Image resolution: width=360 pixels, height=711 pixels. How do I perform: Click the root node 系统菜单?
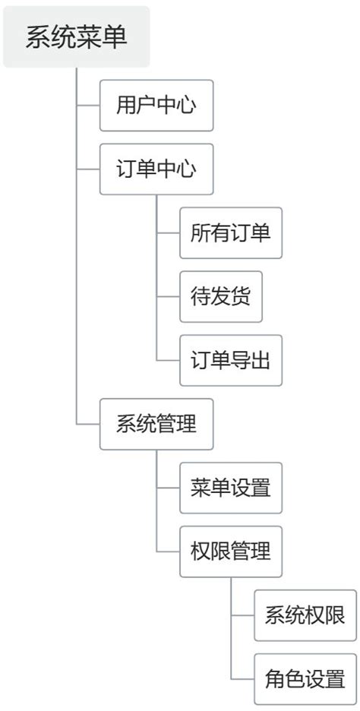click(x=76, y=37)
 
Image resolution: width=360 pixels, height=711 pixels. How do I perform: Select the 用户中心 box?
click(x=156, y=106)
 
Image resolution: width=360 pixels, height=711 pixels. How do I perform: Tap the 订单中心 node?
click(x=156, y=169)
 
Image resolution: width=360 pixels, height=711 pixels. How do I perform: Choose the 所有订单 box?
click(x=230, y=232)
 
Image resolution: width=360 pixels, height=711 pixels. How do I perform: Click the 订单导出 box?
click(x=230, y=360)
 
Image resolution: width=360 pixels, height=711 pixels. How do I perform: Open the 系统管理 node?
click(x=156, y=424)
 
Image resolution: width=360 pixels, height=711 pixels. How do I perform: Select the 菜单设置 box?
click(x=230, y=488)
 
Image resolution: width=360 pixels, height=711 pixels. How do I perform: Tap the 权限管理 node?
click(x=230, y=551)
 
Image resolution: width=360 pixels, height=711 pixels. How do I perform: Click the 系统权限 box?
click(x=305, y=615)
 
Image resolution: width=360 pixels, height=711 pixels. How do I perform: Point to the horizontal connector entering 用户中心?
click(x=88, y=106)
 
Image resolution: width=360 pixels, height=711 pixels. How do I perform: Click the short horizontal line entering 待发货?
click(x=168, y=296)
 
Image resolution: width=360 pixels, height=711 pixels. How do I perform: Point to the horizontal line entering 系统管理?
click(x=88, y=424)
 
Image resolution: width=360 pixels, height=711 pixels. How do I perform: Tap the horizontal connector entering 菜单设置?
click(x=168, y=488)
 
